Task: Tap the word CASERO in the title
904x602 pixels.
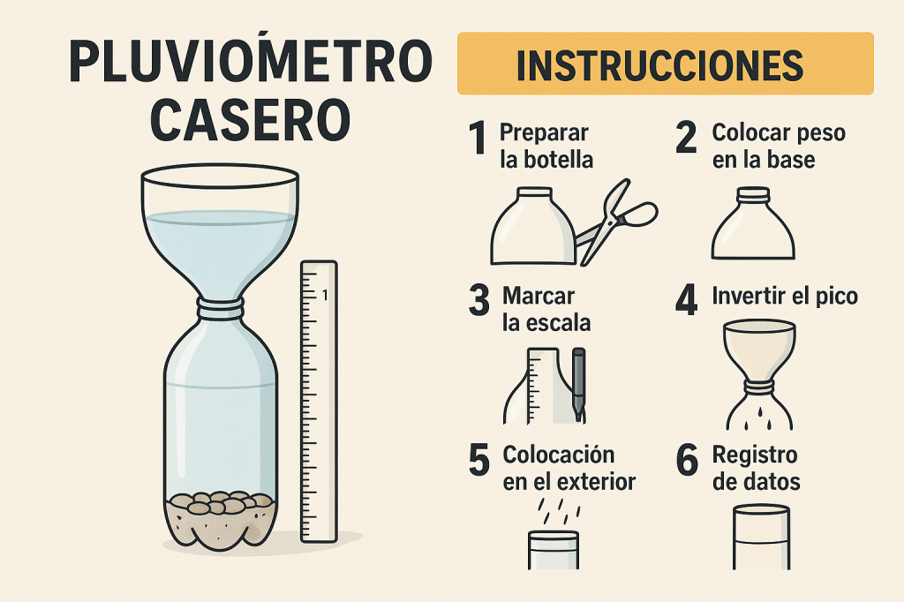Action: click(250, 120)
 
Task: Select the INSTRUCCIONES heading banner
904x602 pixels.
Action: click(666, 64)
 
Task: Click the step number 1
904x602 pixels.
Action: click(478, 138)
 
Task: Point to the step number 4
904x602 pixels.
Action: click(687, 300)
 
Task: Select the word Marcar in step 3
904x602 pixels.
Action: click(539, 296)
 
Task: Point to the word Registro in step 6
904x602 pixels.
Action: click(755, 455)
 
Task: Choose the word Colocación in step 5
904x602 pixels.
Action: click(559, 455)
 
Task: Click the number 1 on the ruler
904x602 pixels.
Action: click(325, 295)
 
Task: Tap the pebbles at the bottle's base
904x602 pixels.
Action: click(221, 503)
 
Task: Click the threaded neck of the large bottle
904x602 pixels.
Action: click(220, 308)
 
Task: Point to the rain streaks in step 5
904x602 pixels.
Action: click(559, 511)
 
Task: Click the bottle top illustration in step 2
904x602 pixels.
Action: click(753, 223)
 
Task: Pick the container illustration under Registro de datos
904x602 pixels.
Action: click(761, 537)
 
